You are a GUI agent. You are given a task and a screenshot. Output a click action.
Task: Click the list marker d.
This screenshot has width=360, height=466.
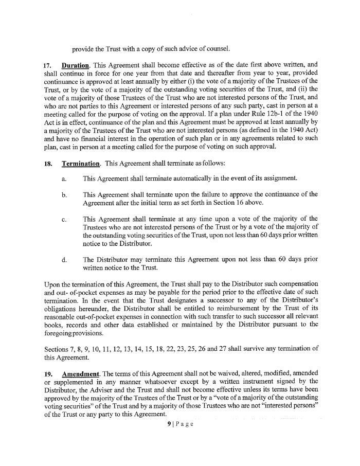63,260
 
